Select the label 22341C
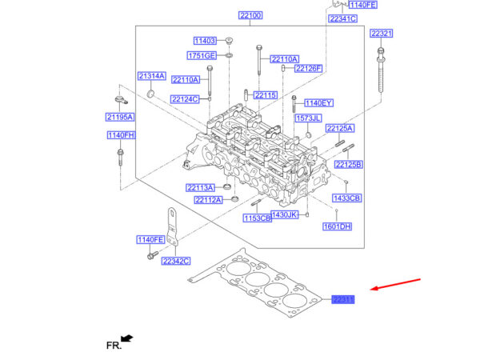tap(342, 18)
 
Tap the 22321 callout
tap(381, 34)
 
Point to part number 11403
tap(205, 41)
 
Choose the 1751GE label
tap(202, 56)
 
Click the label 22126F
tap(308, 68)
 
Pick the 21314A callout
tap(150, 76)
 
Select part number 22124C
tap(184, 100)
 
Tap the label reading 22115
tap(266, 95)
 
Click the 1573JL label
tap(308, 118)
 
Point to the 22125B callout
tap(349, 165)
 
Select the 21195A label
tap(120, 118)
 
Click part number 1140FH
tap(121, 135)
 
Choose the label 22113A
tap(201, 188)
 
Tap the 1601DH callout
tap(337, 226)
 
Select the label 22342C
tap(176, 261)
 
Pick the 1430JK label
tap(284, 215)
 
